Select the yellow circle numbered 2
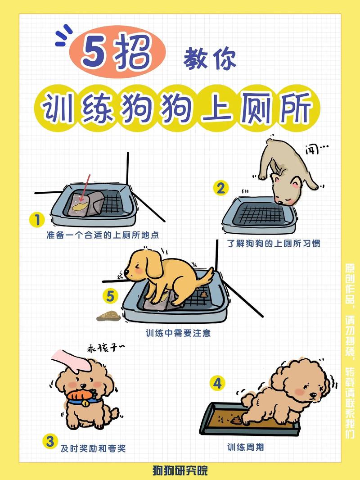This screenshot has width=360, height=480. click(x=220, y=188)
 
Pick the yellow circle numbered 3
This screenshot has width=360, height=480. click(x=49, y=441)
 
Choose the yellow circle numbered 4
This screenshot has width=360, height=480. click(x=218, y=384)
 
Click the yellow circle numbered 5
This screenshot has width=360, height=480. click(x=110, y=296)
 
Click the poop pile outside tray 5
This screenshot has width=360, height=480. click(x=107, y=315)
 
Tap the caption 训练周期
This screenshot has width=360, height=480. click(x=245, y=447)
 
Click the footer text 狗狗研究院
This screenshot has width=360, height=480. click(x=180, y=471)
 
